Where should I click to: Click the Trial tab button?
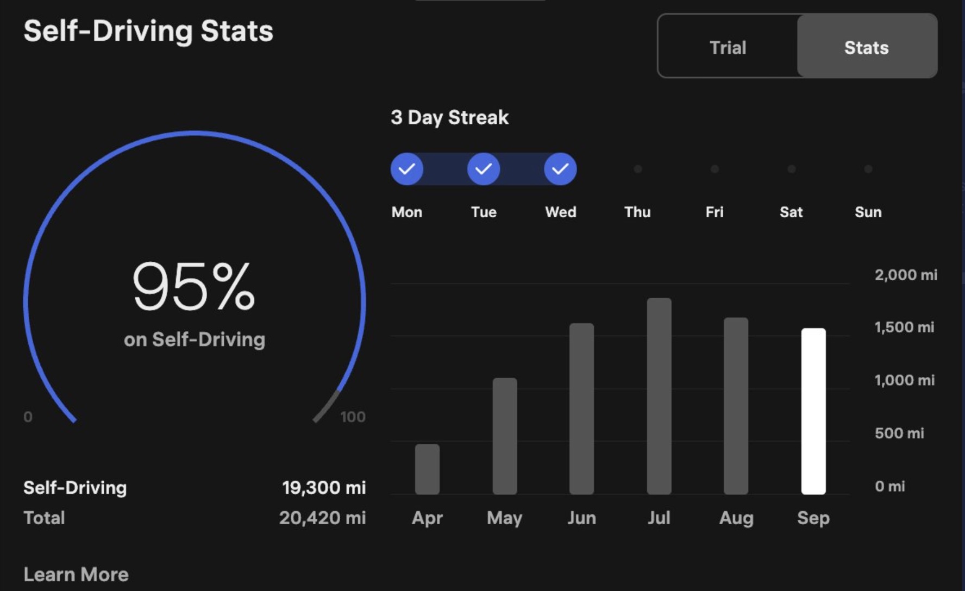(728, 47)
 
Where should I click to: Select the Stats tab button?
(867, 47)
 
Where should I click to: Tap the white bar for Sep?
(813, 411)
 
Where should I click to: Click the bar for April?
(427, 469)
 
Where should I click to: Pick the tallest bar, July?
(659, 396)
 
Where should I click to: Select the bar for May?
(505, 436)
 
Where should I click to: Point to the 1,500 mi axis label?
(904, 327)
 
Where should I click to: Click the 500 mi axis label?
(899, 433)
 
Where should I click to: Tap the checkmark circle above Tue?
(484, 169)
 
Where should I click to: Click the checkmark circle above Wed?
(560, 169)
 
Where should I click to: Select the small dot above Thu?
(638, 169)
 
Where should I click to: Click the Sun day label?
(868, 212)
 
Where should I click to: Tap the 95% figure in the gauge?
(193, 286)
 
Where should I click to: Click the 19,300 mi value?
(324, 487)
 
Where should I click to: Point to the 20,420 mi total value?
(322, 518)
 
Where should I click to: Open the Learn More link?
(76, 574)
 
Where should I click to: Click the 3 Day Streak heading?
(449, 117)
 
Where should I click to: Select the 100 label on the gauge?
(353, 417)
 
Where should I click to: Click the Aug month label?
(736, 518)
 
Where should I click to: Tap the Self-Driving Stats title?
(148, 30)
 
